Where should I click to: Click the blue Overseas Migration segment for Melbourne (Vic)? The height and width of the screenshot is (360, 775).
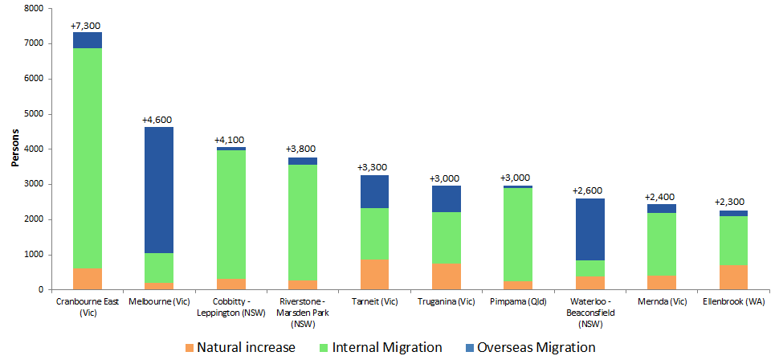click(158, 190)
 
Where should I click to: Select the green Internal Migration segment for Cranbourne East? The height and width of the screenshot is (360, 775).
click(87, 157)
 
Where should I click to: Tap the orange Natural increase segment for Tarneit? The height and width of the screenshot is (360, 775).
click(374, 275)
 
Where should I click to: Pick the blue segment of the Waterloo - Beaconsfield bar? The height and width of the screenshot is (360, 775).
click(590, 229)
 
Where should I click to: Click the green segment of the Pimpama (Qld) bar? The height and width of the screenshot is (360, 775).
click(518, 234)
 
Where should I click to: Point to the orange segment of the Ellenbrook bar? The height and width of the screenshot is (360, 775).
click(733, 276)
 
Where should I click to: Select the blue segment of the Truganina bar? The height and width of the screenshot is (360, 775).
click(447, 198)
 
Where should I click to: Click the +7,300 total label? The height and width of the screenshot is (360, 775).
click(87, 26)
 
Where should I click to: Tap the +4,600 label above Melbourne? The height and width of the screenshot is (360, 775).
click(158, 121)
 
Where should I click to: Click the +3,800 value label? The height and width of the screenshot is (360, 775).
click(302, 149)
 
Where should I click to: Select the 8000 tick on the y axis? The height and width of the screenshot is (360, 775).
click(34, 9)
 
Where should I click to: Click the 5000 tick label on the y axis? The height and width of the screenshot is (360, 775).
click(34, 114)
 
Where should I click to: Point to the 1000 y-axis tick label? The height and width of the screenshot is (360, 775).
click(34, 255)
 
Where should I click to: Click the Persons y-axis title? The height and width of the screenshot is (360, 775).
click(15, 149)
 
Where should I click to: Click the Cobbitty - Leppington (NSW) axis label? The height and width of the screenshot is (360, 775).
click(230, 306)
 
